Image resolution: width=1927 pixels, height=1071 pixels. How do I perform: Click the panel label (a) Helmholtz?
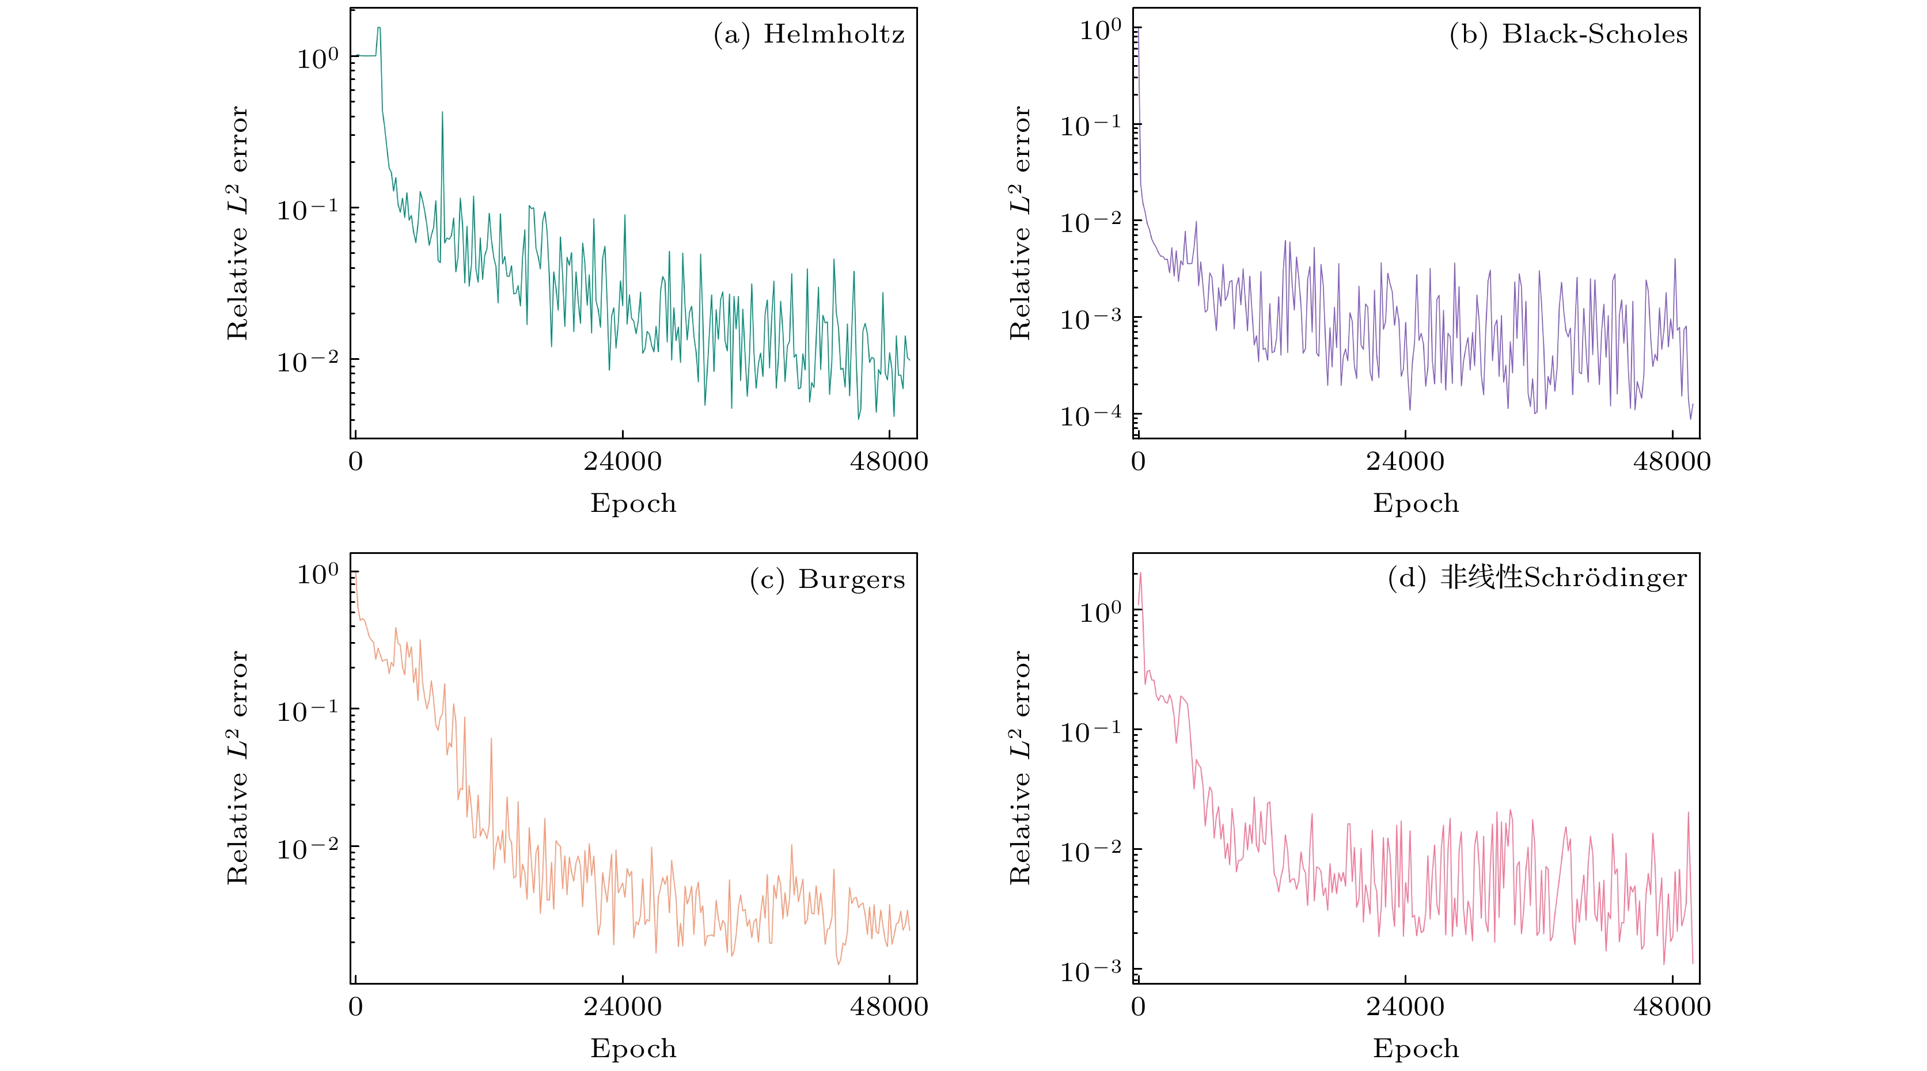[x=809, y=35]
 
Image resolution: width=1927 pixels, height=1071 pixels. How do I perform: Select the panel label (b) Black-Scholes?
[x=1568, y=35]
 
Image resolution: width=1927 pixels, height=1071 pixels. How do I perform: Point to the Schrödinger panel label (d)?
[x=1537, y=578]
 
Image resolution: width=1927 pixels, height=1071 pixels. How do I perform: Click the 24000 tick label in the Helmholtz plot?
[x=623, y=461]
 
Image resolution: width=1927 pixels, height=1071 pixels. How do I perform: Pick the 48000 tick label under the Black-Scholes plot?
[x=1672, y=461]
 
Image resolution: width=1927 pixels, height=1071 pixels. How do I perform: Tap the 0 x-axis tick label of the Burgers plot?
[x=355, y=1007]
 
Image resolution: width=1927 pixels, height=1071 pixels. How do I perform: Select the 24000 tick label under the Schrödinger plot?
[x=1405, y=1007]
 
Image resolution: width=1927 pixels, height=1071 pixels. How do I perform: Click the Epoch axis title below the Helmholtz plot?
[x=633, y=503]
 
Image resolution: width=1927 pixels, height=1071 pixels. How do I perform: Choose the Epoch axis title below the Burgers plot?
[x=633, y=1049]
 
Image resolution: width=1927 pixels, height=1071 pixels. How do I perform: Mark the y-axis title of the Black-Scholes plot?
[x=1019, y=223]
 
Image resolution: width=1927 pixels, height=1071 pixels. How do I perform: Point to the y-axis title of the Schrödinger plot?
[x=1019, y=768]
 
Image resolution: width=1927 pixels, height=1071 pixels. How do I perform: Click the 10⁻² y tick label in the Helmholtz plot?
[x=308, y=361]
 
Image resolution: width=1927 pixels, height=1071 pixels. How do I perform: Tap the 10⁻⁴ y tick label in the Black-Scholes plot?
[x=1090, y=415]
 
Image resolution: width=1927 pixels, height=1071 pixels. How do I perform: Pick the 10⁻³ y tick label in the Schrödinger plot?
[x=1090, y=971]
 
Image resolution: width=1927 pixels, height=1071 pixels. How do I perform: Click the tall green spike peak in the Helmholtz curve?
[x=442, y=113]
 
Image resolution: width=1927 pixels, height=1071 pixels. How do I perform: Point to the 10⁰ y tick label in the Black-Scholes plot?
[x=1099, y=31]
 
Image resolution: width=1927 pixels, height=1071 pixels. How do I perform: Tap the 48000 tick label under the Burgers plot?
[x=889, y=1007]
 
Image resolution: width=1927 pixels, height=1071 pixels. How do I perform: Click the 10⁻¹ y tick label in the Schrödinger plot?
[x=1090, y=731]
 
